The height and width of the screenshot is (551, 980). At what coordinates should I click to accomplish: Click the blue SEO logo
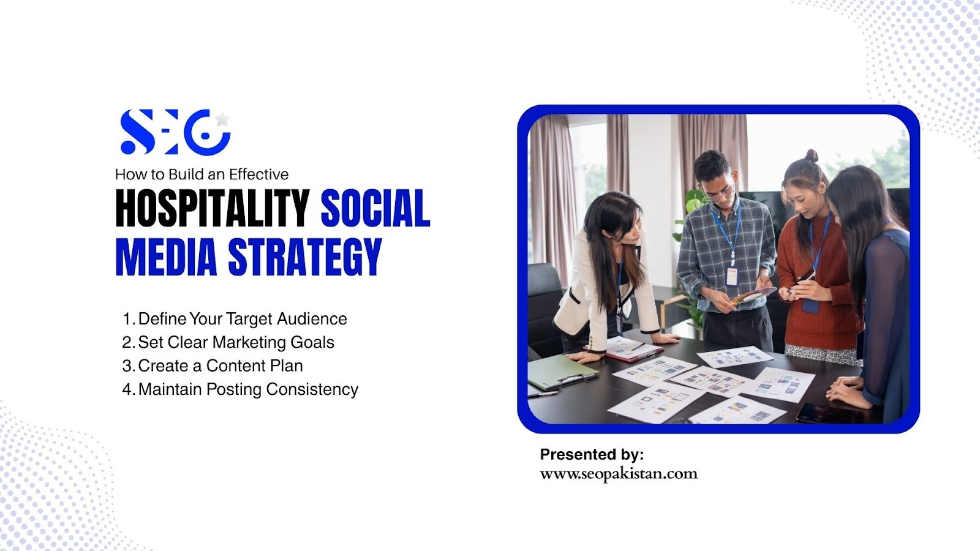coord(175,132)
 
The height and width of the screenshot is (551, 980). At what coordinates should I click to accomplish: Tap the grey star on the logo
coord(222,119)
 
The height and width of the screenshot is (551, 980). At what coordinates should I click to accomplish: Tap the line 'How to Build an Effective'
coord(202,174)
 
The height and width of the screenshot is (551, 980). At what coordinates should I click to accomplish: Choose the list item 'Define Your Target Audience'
coord(235,319)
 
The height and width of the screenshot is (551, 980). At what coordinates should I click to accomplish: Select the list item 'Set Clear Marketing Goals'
coord(228,342)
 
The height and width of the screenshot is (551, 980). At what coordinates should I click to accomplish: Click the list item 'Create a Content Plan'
coord(213,365)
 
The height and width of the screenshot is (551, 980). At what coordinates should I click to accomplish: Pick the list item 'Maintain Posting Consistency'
coord(240,389)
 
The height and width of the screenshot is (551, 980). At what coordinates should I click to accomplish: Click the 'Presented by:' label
coord(592,455)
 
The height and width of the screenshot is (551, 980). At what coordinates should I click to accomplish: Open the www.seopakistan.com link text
coord(619,474)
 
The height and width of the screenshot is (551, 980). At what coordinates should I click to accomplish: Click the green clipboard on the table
coord(562,372)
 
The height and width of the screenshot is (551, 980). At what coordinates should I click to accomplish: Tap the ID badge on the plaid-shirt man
coord(731,276)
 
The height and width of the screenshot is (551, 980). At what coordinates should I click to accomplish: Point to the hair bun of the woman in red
coord(812,156)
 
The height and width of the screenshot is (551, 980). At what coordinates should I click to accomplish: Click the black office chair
coord(545,306)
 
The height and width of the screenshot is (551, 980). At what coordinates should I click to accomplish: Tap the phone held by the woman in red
coord(806,276)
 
